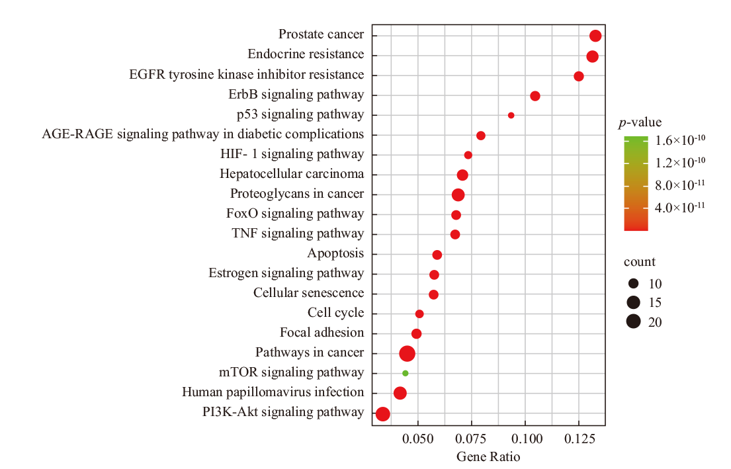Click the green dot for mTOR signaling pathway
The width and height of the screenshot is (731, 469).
coord(406,373)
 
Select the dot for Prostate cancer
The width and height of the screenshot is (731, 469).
coord(595,36)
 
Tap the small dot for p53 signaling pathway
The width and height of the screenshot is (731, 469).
coord(511,115)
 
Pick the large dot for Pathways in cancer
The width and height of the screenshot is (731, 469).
coord(408,354)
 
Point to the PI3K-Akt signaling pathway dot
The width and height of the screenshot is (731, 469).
coord(382,414)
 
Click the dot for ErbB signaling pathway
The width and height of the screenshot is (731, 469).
coord(535,96)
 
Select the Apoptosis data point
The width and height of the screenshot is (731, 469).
coord(437,255)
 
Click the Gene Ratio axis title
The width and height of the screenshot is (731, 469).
coord(488,457)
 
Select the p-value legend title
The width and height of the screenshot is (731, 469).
coord(640,122)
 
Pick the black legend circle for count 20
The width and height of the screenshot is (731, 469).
coord(634,322)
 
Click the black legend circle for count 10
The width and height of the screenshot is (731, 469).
coord(634,284)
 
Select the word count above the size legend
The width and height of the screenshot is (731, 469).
coord(640,262)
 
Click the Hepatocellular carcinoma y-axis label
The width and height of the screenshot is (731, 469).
coord(292,174)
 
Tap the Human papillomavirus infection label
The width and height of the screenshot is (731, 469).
coord(273,392)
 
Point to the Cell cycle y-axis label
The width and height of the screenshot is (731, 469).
coord(335,313)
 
